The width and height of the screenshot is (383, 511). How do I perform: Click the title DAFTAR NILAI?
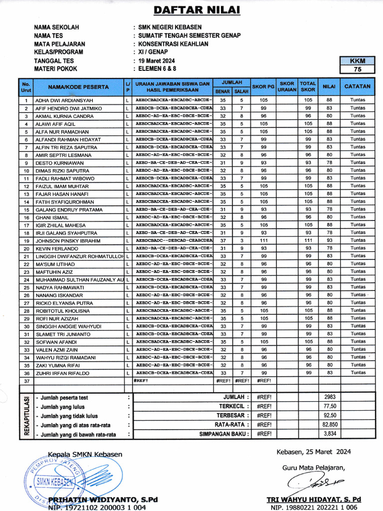(189, 10)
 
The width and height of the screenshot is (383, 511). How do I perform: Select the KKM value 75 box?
(357, 70)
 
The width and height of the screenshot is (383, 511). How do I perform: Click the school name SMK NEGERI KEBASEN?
(170, 27)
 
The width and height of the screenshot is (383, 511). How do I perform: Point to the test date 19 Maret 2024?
(159, 60)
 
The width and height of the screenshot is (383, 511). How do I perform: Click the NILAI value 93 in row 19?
(329, 241)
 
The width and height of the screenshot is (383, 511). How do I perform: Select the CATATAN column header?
(358, 86)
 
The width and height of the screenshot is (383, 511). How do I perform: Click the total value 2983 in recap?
(330, 397)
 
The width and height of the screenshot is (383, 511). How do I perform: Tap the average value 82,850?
(330, 425)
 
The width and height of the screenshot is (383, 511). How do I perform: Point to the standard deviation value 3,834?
(330, 434)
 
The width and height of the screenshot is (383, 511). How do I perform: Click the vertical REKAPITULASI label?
(26, 416)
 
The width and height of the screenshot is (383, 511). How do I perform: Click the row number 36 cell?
(26, 373)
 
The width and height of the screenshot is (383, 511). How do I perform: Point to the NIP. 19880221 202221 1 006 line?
(314, 507)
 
